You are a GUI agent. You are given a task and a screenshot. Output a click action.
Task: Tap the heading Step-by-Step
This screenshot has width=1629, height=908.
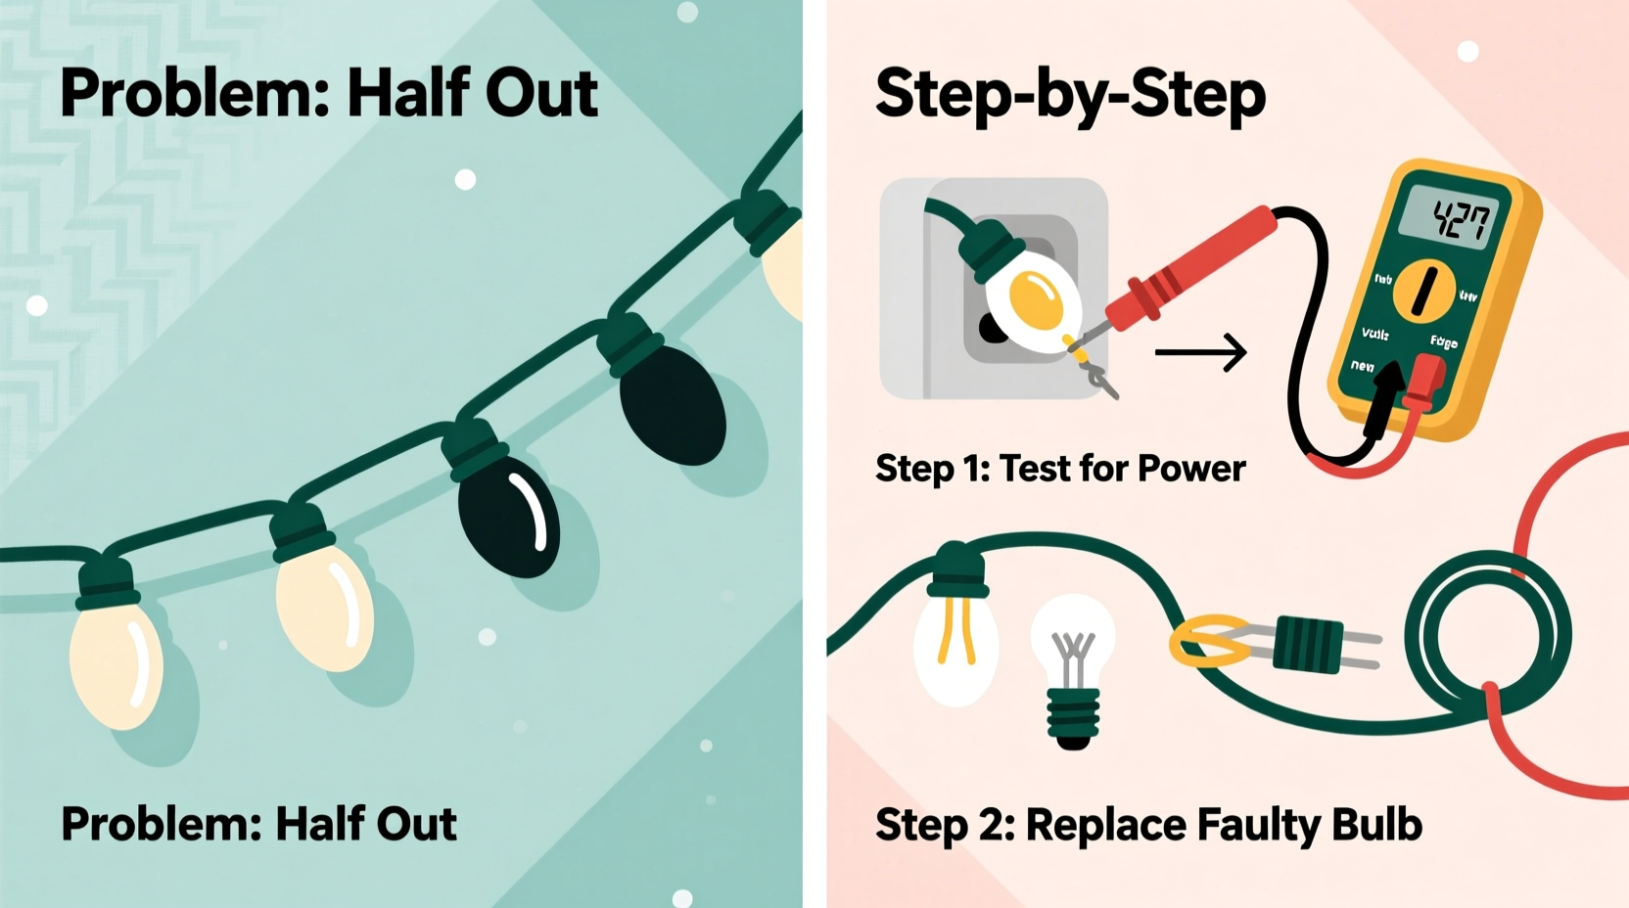(x=1070, y=94)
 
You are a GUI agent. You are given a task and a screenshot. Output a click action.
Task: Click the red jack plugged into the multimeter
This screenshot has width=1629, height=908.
(x=1423, y=382)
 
